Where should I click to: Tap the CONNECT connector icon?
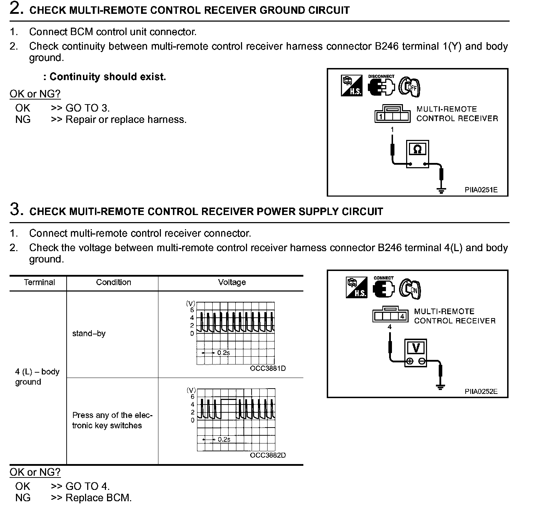pos(383,288)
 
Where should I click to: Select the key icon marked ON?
pos(410,289)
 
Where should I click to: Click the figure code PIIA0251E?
pos(481,190)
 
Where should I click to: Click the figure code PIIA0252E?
pos(481,391)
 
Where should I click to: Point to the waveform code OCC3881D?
pos(268,368)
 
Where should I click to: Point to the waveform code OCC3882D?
pos(268,455)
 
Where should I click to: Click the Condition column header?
pos(113,282)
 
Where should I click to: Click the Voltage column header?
pos(232,282)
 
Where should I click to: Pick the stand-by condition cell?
pos(89,334)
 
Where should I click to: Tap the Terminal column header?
pos(39,282)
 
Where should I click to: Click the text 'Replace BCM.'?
pos(99,498)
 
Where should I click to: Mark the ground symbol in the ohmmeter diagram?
pos(441,191)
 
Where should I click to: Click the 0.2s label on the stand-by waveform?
pos(223,353)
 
